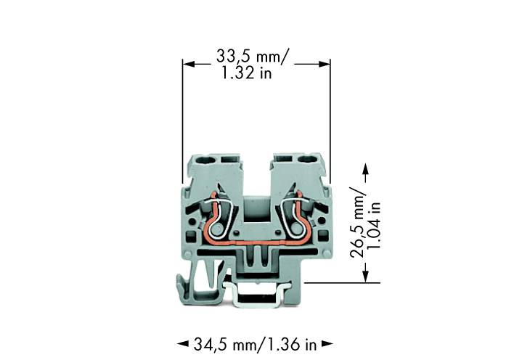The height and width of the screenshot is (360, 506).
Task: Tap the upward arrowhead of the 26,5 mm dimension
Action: [x=365, y=169]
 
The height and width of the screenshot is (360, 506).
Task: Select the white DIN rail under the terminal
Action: [x=256, y=298]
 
